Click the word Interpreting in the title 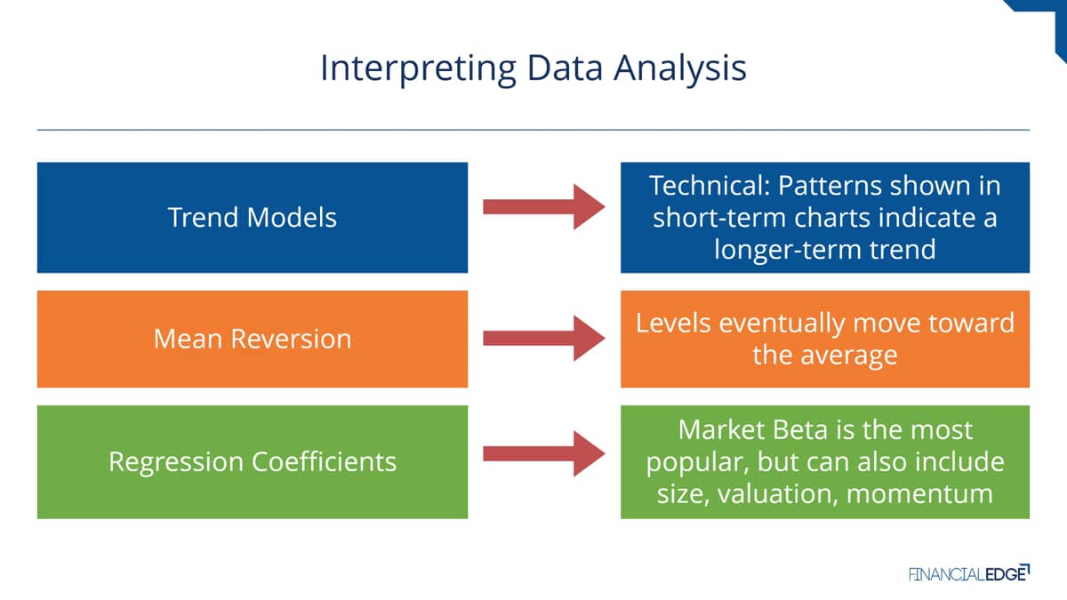coord(418,69)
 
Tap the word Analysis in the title coord(679,69)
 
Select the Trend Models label coord(253,218)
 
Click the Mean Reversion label coord(253,339)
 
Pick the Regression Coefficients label coord(253,462)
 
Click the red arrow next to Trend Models coord(544,206)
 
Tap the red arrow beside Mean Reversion coord(544,338)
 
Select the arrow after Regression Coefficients coord(544,454)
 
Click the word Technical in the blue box coord(710,185)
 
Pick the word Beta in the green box coord(800,430)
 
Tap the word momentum coord(919,494)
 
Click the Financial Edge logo coord(969,573)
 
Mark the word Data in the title coord(565,68)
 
